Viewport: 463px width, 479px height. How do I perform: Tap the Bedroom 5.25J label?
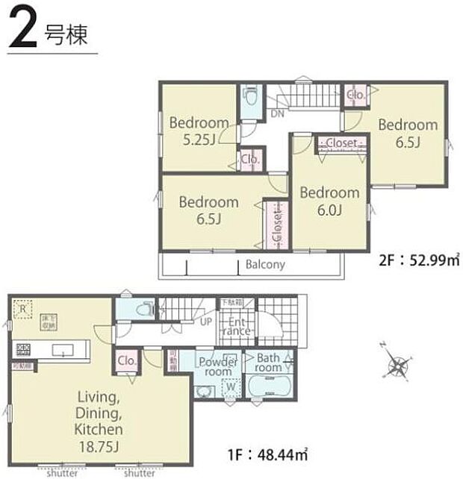pyautogui.click(x=198, y=130)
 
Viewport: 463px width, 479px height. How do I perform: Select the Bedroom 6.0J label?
pyautogui.click(x=329, y=201)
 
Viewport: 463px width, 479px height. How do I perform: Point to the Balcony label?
pyautogui.click(x=265, y=264)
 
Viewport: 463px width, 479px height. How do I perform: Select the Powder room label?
pyautogui.click(x=218, y=366)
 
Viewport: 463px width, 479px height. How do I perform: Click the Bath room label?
pyautogui.click(x=268, y=363)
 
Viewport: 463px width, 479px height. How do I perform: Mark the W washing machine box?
pyautogui.click(x=231, y=386)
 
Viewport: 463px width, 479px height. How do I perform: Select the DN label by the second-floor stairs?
pyautogui.click(x=276, y=113)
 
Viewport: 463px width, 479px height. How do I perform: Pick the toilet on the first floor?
pyautogui.click(x=146, y=309)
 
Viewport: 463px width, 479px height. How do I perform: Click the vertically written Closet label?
pyautogui.click(x=276, y=222)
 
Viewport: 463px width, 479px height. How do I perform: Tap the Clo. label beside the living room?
pyautogui.click(x=126, y=362)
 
